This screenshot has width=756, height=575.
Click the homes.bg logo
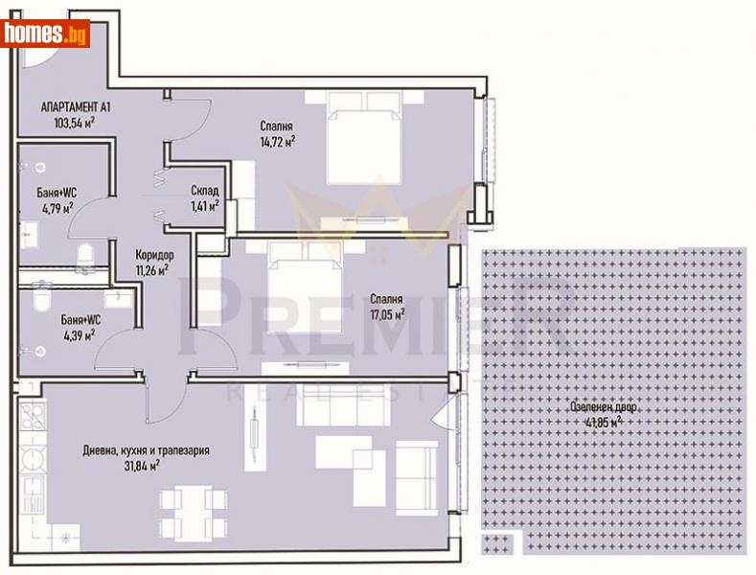[x=45, y=34]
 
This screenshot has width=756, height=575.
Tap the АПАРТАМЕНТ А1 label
[x=75, y=107]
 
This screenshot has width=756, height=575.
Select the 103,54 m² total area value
[x=76, y=123]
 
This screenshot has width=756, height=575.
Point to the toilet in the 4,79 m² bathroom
[x=85, y=251]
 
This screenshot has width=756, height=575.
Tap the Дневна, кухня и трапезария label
[x=145, y=450]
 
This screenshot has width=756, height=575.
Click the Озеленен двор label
[x=601, y=406]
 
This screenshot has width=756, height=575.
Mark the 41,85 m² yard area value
[x=603, y=422]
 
